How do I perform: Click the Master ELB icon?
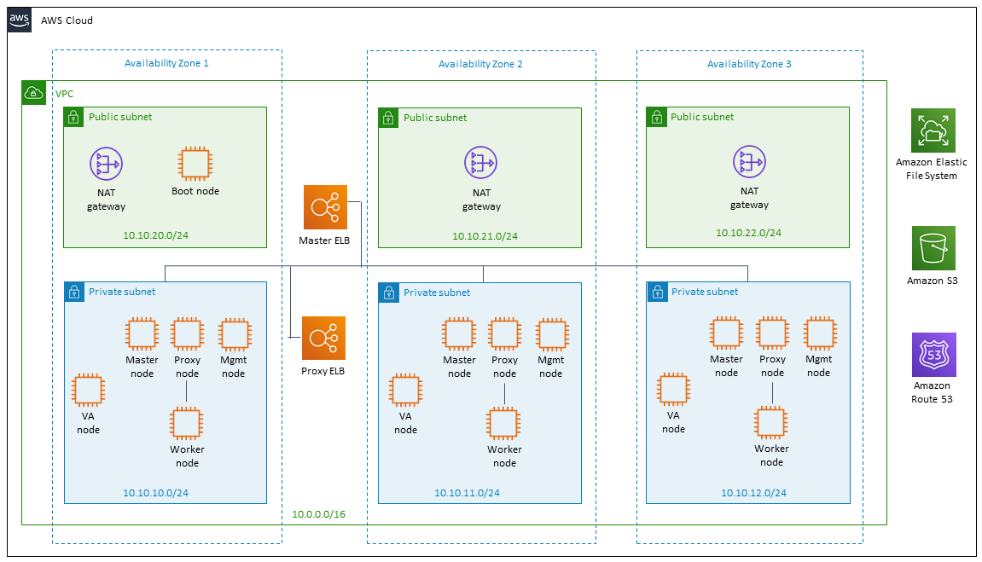click(325, 207)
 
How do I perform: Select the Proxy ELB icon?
click(324, 338)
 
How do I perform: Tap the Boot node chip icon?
click(195, 164)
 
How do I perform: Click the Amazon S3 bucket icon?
click(933, 248)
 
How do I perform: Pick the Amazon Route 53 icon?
click(933, 354)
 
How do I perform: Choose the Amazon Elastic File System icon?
click(933, 130)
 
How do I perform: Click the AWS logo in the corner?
click(20, 20)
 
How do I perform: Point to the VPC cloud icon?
click(34, 93)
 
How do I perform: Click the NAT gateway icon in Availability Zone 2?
click(481, 163)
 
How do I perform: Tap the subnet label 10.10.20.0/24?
click(155, 235)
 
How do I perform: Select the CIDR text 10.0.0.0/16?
click(319, 513)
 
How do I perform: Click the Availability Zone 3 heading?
click(749, 64)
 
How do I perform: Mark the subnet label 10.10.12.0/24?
click(753, 493)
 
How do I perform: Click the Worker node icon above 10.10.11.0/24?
click(503, 424)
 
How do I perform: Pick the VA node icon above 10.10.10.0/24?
click(89, 391)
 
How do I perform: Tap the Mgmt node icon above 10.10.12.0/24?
click(820, 333)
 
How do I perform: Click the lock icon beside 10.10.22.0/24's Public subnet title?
click(656, 117)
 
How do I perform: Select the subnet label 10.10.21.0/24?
click(485, 236)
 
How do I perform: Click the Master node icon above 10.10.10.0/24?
click(142, 334)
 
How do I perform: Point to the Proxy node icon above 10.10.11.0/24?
click(505, 334)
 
